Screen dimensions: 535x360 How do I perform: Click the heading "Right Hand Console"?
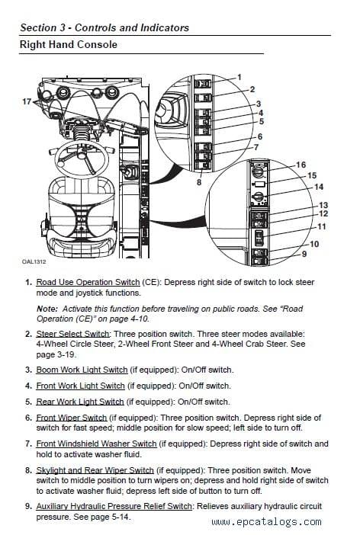coord(69,45)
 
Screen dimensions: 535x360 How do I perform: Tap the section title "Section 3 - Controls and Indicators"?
coord(104,27)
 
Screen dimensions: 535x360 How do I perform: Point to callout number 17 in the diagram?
coord(27,101)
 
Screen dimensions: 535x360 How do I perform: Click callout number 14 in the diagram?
coord(319,187)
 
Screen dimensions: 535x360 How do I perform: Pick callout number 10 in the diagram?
coord(313,244)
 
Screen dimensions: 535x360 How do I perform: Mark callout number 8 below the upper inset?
coord(199,182)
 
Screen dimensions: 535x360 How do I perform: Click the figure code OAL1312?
coord(34,261)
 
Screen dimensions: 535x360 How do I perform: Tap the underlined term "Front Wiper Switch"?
coord(72,418)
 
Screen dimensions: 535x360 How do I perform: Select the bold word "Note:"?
coord(47,308)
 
